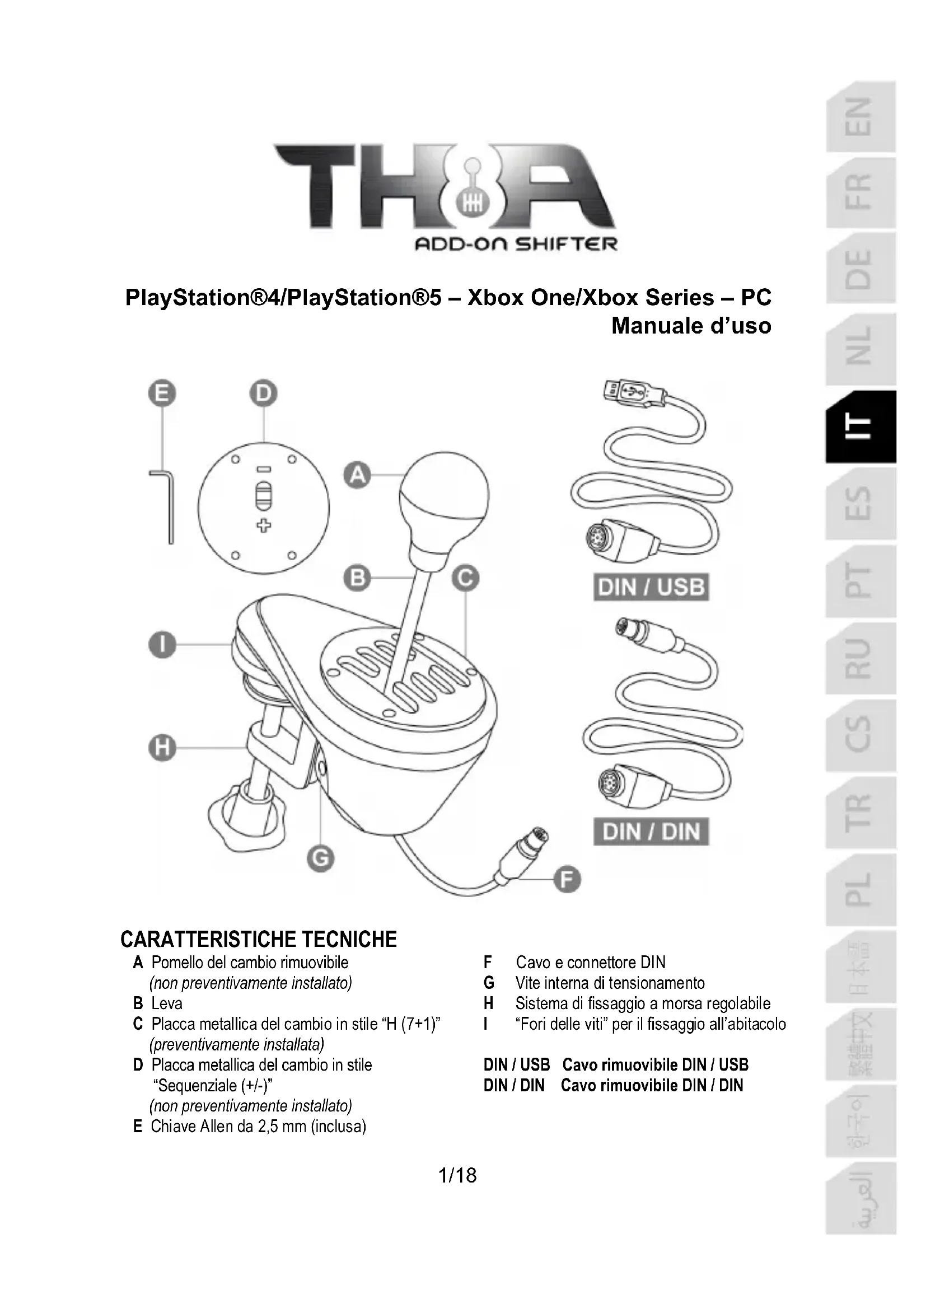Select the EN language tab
pos(860,117)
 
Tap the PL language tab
pos(860,889)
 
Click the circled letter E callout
pos(162,393)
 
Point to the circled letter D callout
pos(264,393)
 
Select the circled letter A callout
pos(358,475)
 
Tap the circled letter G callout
pos(320,858)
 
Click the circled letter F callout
pos(567,879)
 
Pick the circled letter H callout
pos(162,748)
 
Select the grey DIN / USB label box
pos(651,587)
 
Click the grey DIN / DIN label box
pos(651,832)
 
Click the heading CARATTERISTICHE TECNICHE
pos(258,939)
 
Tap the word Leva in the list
pos(166,1003)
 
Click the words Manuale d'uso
pos(691,326)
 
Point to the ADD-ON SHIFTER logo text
pos(516,245)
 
